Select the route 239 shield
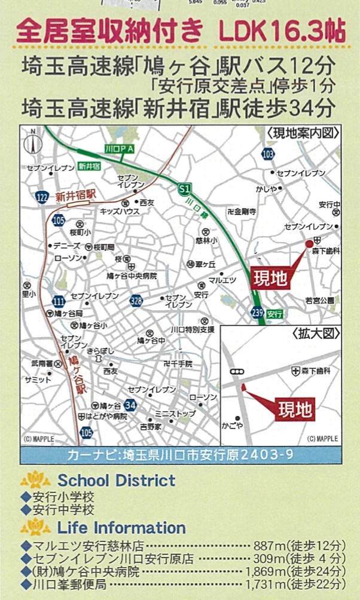point(257,313)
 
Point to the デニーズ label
point(64,246)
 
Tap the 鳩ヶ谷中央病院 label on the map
point(136,275)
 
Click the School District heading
point(116,480)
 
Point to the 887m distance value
point(281,546)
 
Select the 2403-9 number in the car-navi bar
point(266,455)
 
